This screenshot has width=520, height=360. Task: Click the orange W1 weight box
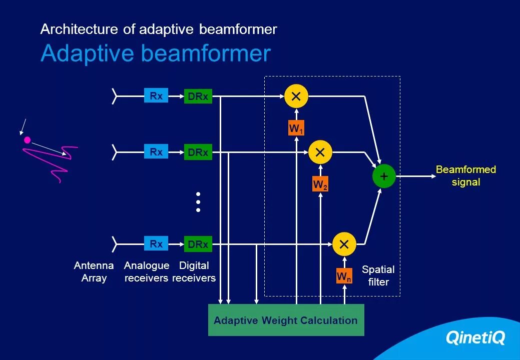(296, 129)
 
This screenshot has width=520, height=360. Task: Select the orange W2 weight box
(320, 184)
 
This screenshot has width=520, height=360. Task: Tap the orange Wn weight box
(344, 276)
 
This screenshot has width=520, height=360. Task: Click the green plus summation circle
(384, 176)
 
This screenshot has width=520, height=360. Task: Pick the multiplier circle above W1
(296, 96)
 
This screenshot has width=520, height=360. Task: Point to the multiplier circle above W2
(320, 152)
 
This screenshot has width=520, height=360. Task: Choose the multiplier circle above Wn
(344, 244)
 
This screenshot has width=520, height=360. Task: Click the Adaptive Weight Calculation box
(286, 320)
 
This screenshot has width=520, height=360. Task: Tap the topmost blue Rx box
(156, 96)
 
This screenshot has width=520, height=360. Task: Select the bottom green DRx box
(198, 244)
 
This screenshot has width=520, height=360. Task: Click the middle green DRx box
(198, 152)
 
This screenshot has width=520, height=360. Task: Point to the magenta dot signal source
(28, 140)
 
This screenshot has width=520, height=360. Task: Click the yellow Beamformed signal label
(465, 176)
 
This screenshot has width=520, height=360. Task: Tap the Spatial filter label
(378, 275)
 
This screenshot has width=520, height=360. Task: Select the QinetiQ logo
(475, 338)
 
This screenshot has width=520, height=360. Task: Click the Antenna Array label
(94, 271)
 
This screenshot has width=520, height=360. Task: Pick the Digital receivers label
(194, 271)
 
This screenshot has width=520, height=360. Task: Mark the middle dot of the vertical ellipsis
(198, 202)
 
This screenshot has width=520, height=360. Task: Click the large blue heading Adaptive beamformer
(156, 53)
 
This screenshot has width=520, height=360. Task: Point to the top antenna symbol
(115, 96)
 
